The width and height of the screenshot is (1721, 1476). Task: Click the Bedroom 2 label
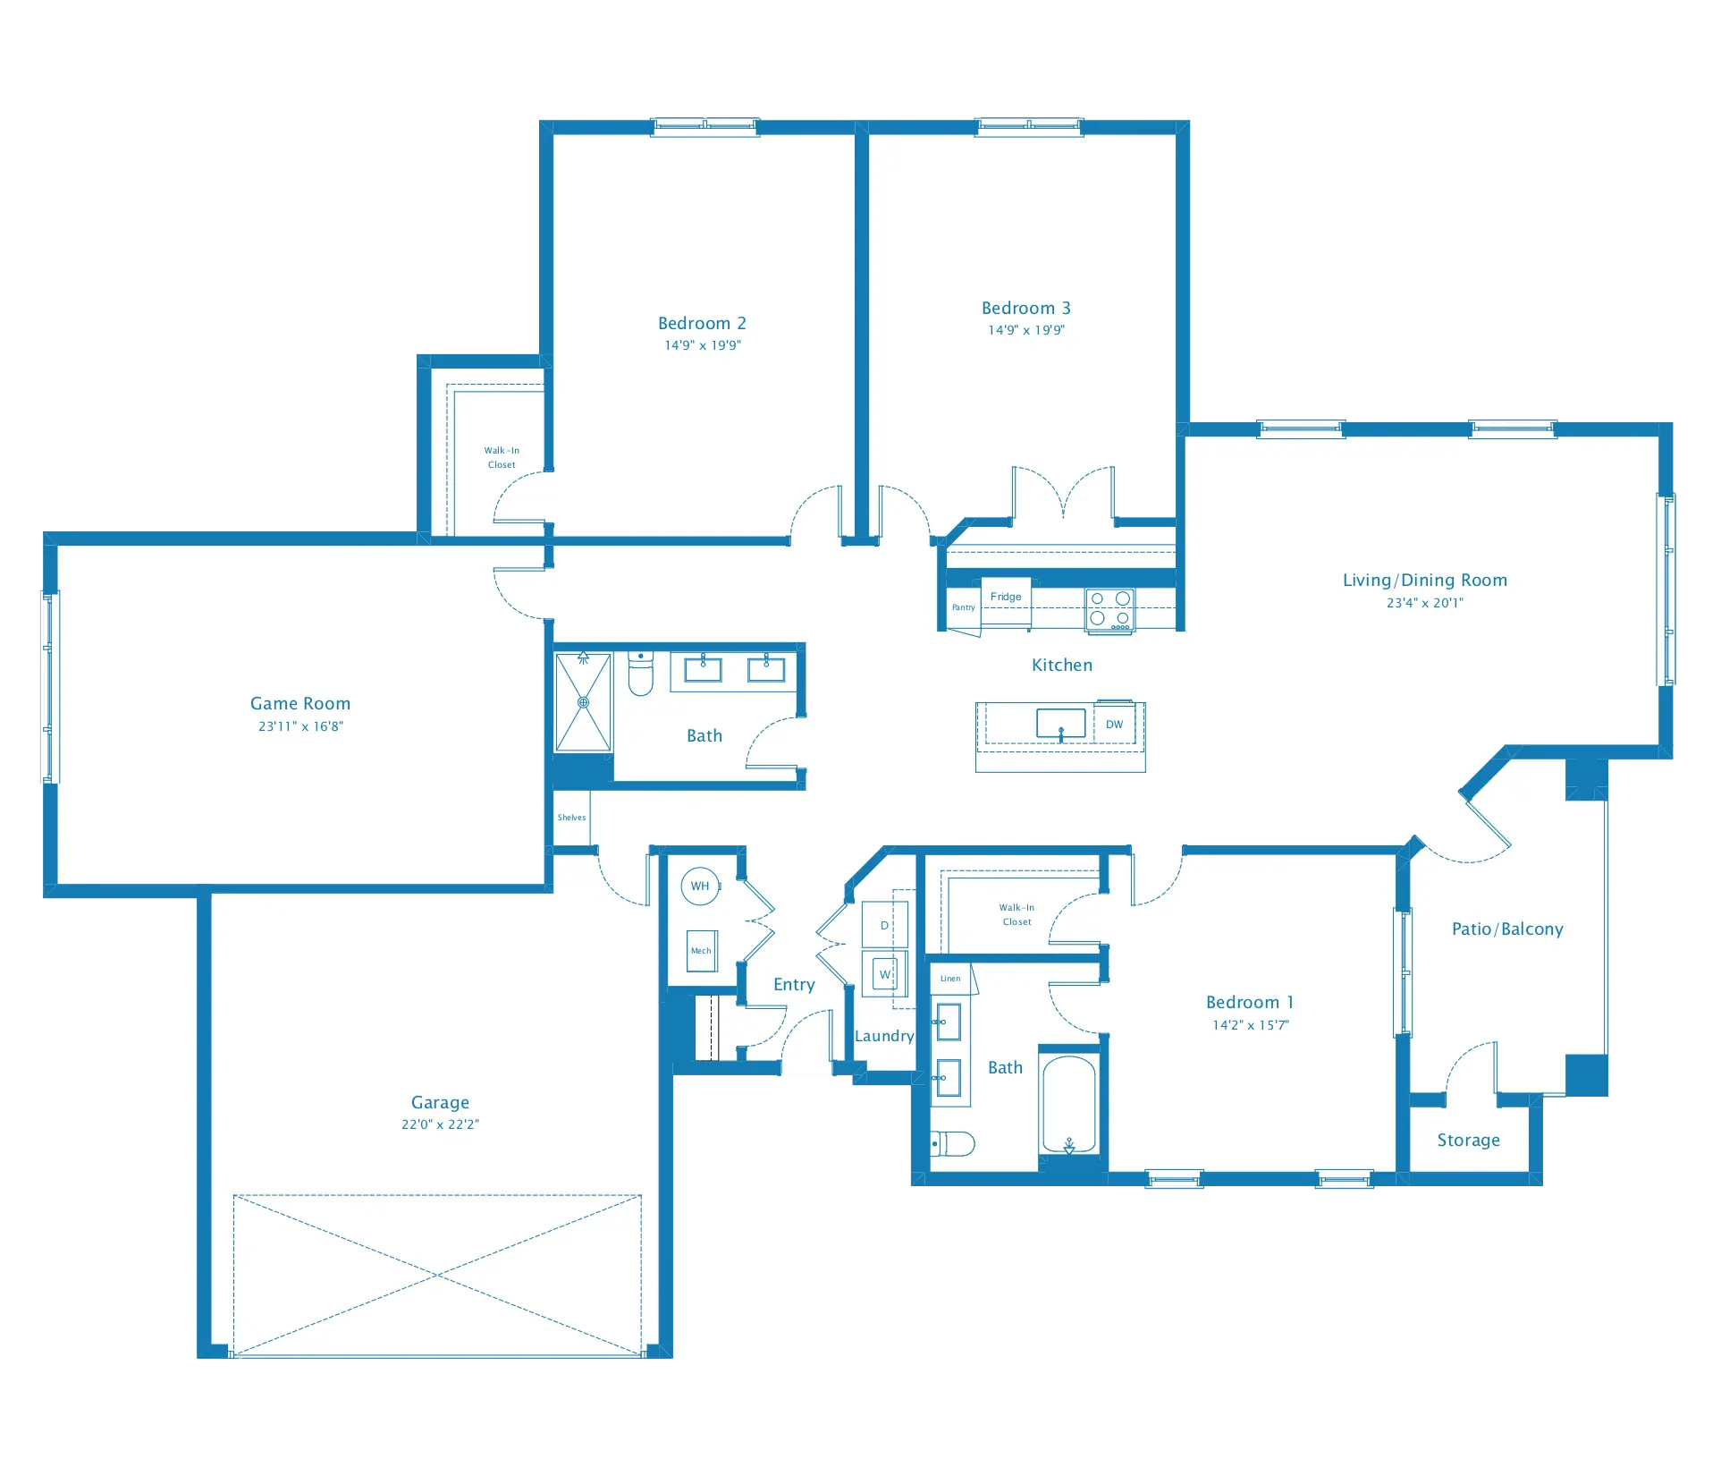[702, 323]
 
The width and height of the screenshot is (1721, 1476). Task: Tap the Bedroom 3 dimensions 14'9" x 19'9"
[1025, 330]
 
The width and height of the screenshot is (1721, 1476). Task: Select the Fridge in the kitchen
[1006, 597]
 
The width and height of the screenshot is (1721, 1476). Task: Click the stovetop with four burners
[1109, 610]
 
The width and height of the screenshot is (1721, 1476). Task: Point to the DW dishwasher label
[1114, 725]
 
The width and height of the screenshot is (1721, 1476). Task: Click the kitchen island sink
[1060, 723]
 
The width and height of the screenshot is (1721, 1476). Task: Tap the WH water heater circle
[700, 886]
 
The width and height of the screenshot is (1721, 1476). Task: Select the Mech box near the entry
[701, 951]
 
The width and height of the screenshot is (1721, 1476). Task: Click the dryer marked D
[884, 925]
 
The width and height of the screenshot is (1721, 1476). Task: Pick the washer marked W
[884, 974]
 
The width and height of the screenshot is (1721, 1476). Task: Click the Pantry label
[963, 607]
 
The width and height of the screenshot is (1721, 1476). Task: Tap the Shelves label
[571, 818]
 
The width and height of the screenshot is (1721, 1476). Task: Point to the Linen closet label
[950, 979]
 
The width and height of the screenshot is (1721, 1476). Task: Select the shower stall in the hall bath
[583, 702]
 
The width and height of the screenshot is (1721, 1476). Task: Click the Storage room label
[1468, 1140]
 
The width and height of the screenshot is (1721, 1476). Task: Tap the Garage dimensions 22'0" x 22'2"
[440, 1124]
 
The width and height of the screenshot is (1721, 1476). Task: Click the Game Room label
[300, 703]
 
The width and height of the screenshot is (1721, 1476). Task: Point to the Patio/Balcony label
[1507, 929]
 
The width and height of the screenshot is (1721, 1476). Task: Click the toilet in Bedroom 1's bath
[953, 1143]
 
